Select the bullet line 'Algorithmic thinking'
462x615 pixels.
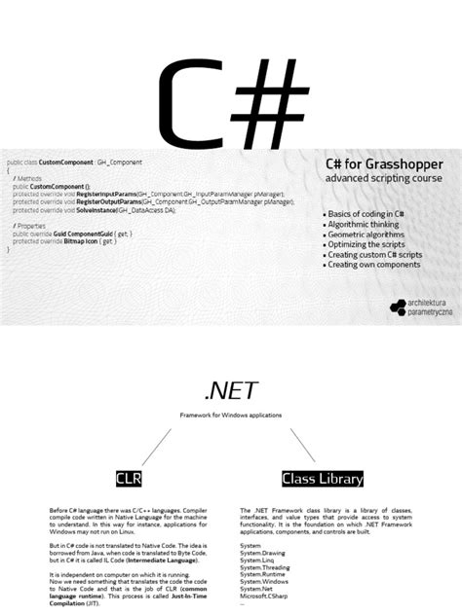[368, 224]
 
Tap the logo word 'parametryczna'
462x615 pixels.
[430, 310]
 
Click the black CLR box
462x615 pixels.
[129, 478]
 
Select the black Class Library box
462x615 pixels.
[323, 478]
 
